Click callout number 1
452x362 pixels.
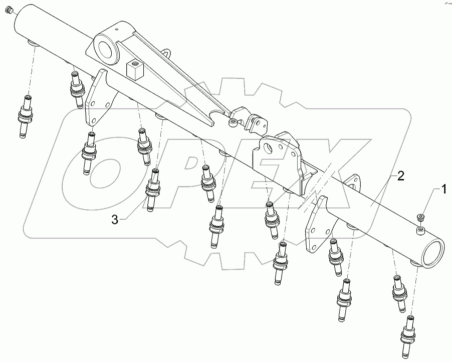[x=443, y=189]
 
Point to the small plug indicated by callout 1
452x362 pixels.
[x=420, y=216]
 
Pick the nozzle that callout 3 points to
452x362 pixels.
[x=153, y=190]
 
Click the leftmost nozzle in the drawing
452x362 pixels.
[x=25, y=115]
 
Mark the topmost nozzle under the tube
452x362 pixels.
[x=77, y=87]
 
